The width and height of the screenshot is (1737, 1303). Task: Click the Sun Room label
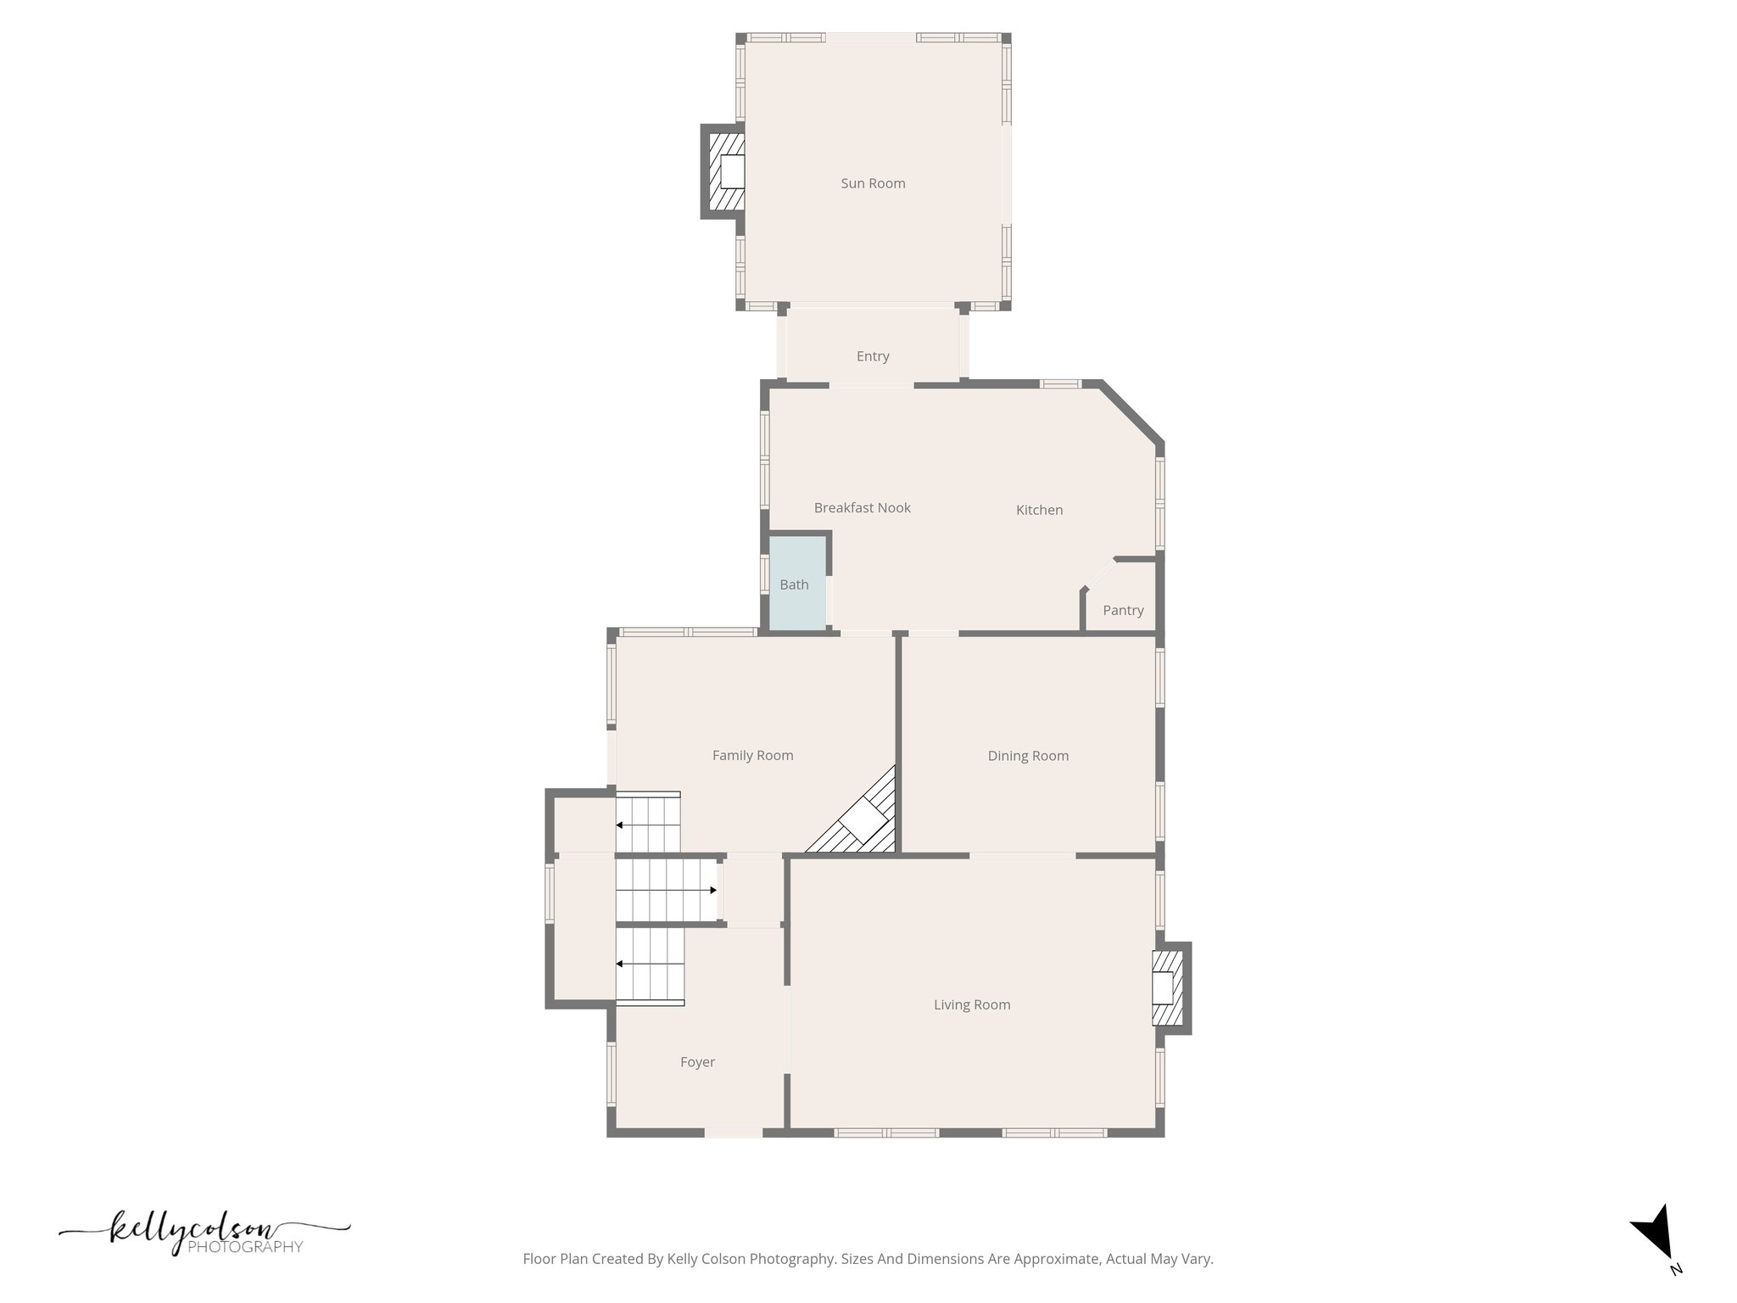[x=873, y=183]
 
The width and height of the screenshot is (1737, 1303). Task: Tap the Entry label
[x=873, y=356]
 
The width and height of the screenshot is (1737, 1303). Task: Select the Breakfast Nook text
[x=862, y=508]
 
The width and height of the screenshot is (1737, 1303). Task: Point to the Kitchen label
[x=1039, y=510]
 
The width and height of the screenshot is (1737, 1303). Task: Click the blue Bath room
[x=796, y=584]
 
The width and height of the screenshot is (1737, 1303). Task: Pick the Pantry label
[x=1123, y=611]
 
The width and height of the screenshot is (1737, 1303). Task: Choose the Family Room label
[x=752, y=756]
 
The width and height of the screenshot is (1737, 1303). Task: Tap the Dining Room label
[x=1028, y=756]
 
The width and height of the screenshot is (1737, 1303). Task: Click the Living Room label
[x=972, y=1005]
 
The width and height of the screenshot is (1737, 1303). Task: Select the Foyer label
[x=697, y=1062]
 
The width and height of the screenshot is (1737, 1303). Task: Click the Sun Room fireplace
[x=726, y=172]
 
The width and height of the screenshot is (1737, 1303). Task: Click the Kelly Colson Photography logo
[x=204, y=1233]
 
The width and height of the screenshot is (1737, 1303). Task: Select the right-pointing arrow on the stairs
[x=712, y=890]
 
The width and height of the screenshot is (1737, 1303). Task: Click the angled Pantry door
[x=1100, y=573]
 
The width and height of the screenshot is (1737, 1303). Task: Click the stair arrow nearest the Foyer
[x=620, y=964]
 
